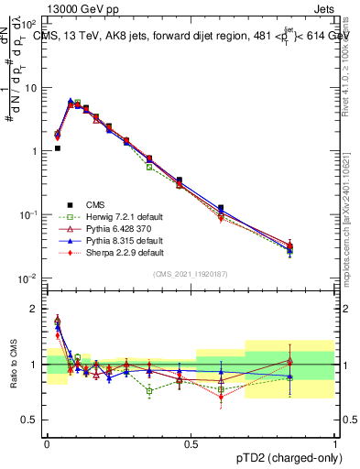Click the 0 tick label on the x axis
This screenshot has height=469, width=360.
point(47,443)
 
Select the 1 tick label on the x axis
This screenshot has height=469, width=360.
point(334,443)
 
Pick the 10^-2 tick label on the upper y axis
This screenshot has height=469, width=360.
point(29,278)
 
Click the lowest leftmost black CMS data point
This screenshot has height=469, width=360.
point(57,147)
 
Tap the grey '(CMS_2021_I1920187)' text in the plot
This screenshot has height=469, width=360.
point(191,273)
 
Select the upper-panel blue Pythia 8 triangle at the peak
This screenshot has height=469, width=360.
point(71,102)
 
